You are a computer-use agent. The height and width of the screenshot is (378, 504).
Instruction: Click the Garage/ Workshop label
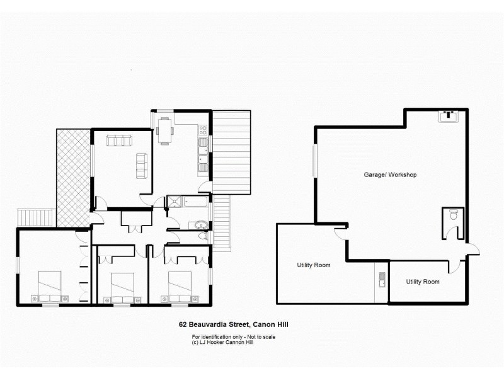(x=390, y=175)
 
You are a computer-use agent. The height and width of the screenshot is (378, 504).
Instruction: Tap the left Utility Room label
(x=314, y=265)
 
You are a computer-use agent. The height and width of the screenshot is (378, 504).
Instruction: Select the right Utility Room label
(x=422, y=282)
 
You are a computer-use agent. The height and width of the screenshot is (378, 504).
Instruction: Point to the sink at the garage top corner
(x=449, y=116)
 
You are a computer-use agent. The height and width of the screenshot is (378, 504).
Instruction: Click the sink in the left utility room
(x=381, y=279)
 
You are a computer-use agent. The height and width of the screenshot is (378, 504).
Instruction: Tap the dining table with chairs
(x=164, y=131)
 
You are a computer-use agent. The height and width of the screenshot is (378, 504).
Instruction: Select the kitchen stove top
(x=203, y=131)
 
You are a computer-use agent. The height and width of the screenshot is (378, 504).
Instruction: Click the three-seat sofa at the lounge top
(x=119, y=140)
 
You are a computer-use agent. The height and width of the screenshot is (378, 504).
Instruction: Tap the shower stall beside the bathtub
(x=172, y=202)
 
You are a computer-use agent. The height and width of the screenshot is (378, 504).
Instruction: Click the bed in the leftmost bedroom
(x=49, y=286)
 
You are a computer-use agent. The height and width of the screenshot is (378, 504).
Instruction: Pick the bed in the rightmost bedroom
(x=179, y=287)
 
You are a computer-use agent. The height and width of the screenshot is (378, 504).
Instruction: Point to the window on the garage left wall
(x=314, y=161)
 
